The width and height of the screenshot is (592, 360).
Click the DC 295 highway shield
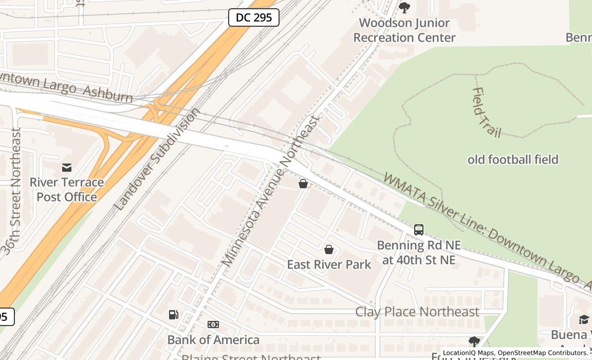pos(253,17)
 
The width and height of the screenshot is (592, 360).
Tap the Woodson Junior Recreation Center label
pos(404,30)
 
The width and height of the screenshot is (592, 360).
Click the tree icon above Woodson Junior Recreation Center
pos(404,8)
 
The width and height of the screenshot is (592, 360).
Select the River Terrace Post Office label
pos(67,190)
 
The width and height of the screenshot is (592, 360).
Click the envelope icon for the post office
pos(67,168)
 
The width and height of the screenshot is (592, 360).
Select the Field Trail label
pos(486,112)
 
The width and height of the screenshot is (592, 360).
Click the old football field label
pos(512,160)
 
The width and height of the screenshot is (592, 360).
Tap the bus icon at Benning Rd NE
pos(419,230)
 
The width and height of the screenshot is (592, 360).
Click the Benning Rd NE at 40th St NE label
pos(419,253)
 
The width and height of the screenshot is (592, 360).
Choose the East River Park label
pos(329,264)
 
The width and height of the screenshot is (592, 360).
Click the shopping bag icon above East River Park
pos(329,249)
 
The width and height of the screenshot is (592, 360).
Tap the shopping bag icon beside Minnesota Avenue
pos(303,183)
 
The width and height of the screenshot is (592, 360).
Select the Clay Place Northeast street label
pos(417,312)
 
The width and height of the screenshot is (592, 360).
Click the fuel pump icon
pos(174,315)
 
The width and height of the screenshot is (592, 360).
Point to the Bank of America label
pos(213,340)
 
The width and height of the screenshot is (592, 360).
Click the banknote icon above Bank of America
pos(213,325)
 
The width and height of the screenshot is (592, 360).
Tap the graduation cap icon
pos(584,320)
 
